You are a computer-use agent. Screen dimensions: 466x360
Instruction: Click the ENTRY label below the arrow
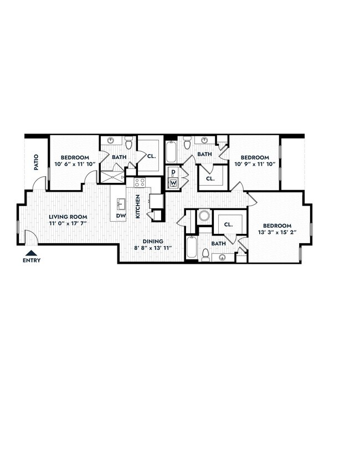click(x=32, y=260)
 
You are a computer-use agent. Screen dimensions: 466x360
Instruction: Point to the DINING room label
click(x=153, y=241)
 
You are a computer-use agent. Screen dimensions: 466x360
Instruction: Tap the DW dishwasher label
click(x=120, y=216)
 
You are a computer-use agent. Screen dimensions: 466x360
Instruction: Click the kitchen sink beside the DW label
click(x=120, y=203)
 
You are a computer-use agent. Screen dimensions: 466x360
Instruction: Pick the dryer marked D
click(x=173, y=173)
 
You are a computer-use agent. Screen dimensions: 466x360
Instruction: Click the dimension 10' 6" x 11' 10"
click(x=75, y=164)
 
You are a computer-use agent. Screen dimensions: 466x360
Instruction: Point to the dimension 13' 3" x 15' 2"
click(x=276, y=233)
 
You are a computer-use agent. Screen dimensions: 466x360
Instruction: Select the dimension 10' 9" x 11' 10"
click(x=255, y=164)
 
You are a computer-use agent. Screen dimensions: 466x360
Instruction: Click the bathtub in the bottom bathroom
click(x=192, y=248)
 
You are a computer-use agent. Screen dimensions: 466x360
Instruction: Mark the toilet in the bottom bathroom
click(x=205, y=255)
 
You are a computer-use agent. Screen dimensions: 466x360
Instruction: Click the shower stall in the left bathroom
click(x=112, y=177)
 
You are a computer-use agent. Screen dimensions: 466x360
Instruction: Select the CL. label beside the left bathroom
click(x=152, y=157)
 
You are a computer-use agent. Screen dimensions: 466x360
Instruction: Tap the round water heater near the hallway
click(x=204, y=216)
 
